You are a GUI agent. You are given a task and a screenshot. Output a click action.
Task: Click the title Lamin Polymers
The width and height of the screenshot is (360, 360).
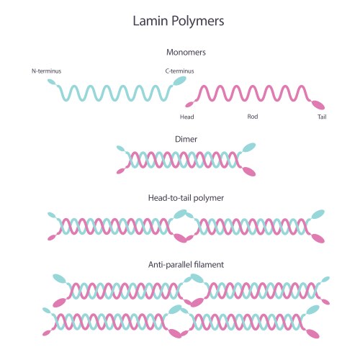coord(179,21)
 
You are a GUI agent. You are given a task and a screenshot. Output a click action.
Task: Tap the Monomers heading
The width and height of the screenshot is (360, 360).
coord(186,53)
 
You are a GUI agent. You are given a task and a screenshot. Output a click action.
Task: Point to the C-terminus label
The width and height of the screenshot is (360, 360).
coord(179,71)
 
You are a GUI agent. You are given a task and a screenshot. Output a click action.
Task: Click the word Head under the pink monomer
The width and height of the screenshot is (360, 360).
coord(186,116)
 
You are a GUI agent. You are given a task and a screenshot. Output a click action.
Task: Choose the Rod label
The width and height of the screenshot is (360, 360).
coord(253,116)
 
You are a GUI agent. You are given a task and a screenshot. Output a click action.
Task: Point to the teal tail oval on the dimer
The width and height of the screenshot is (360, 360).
coord(249,147)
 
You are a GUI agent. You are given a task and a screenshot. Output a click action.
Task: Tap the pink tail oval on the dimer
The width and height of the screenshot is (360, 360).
coord(249,171)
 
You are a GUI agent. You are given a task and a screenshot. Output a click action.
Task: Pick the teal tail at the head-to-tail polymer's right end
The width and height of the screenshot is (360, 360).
coord(317,215)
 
